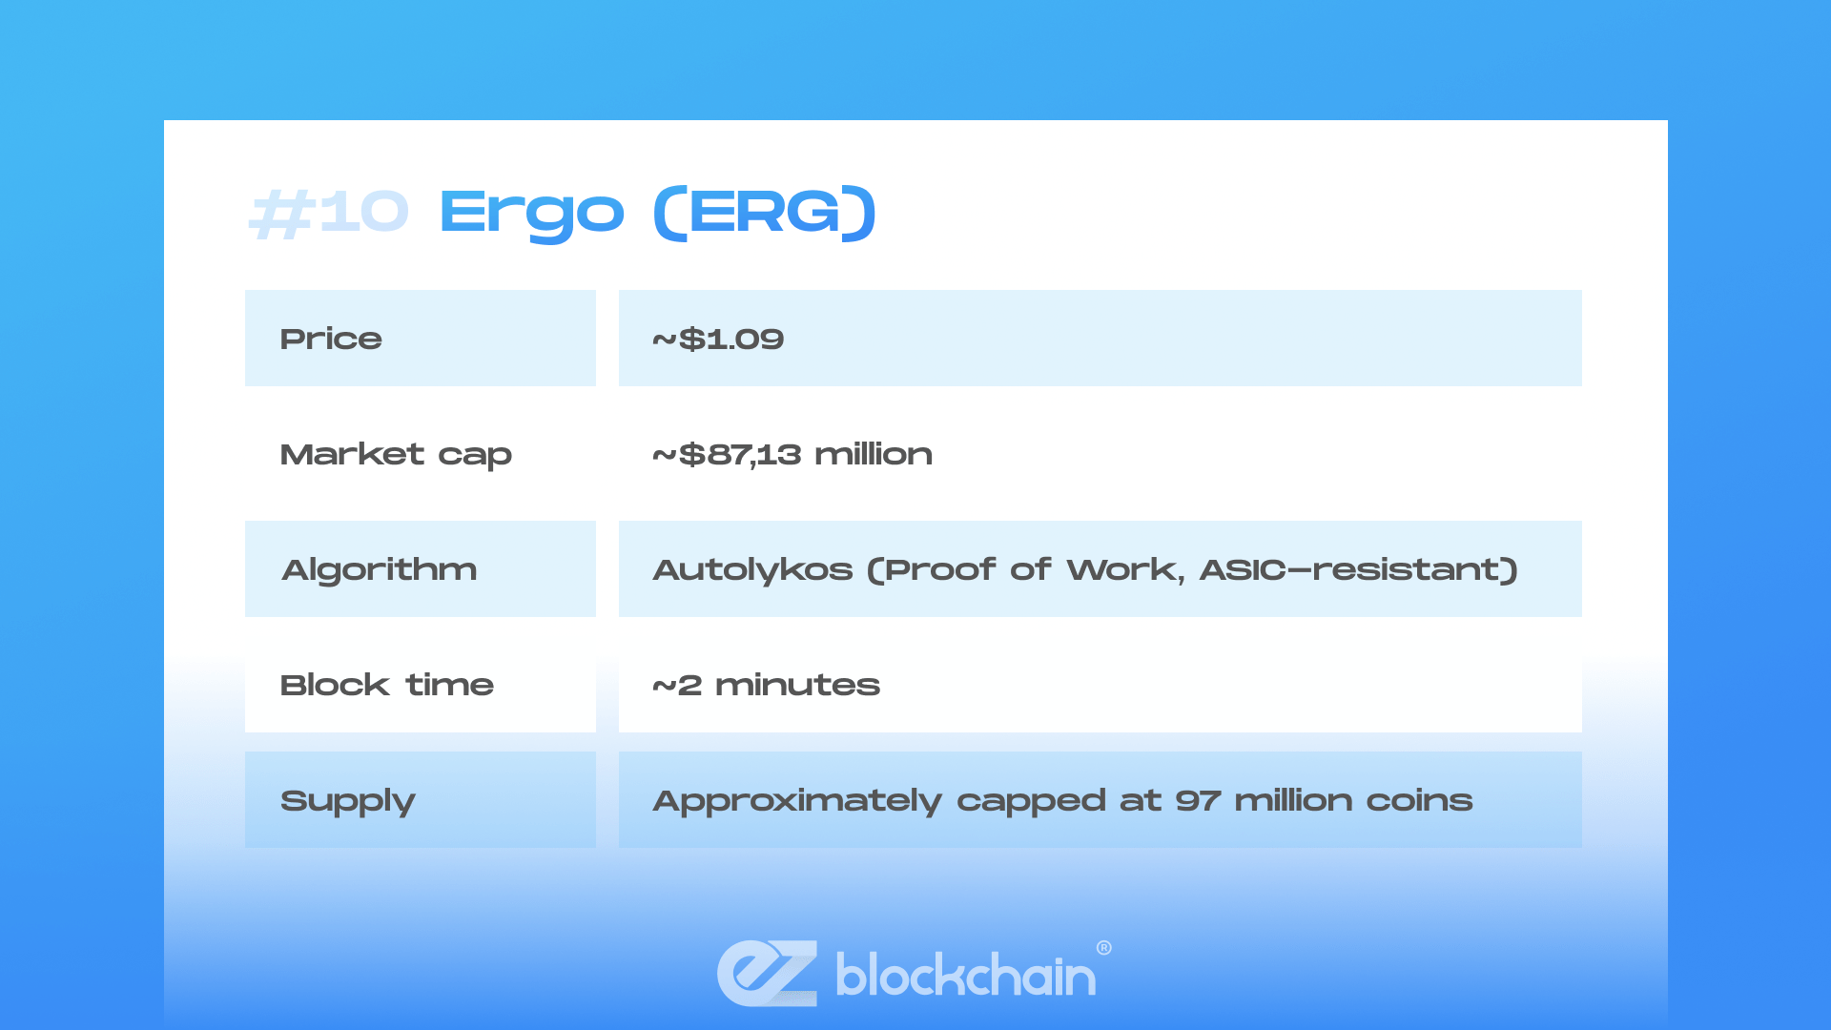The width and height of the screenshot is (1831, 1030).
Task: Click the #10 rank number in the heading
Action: [x=329, y=212]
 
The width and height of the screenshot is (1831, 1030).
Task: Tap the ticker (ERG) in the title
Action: [x=764, y=212]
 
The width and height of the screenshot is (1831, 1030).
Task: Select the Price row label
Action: [x=331, y=339]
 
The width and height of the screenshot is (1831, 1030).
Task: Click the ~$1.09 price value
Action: [x=718, y=339]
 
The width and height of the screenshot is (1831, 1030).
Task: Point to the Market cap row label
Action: [x=396, y=454]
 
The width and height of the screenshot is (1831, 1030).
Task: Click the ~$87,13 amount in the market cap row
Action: [x=727, y=454]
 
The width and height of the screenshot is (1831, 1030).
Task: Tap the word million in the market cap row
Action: [x=874, y=454]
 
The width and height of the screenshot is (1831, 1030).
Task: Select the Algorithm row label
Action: [x=380, y=569]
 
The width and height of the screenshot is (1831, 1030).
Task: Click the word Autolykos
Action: [x=752, y=569]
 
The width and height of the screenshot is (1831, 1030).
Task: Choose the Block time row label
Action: [x=386, y=685]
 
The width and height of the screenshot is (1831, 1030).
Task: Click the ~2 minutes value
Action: [x=766, y=685]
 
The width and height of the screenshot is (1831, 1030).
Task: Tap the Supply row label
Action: [x=347, y=801]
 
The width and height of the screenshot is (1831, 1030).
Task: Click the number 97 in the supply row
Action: [x=1197, y=800]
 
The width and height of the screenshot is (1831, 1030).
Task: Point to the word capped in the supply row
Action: [x=1031, y=801]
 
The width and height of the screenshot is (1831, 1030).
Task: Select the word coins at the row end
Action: [x=1419, y=800]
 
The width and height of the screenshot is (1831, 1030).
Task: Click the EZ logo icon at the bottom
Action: [x=767, y=973]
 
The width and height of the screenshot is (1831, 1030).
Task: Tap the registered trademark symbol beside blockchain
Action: [x=1103, y=948]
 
